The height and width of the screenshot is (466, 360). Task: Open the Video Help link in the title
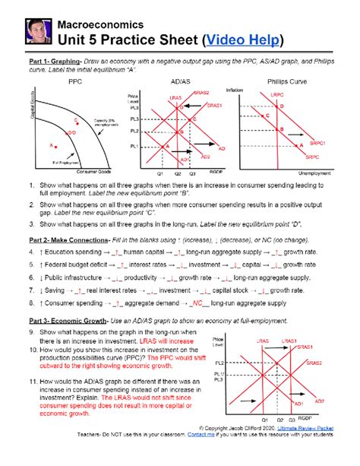(242, 39)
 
